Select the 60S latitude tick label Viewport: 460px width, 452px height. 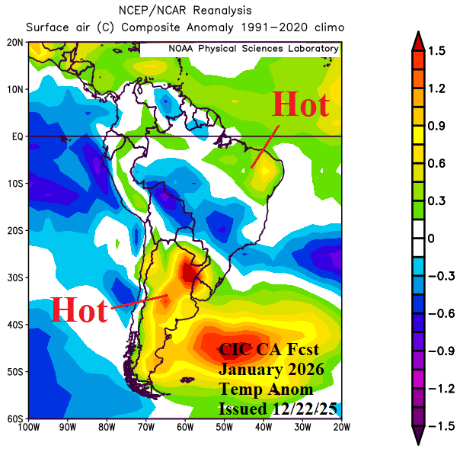coord(14,418)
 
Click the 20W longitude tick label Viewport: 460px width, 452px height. coord(340,428)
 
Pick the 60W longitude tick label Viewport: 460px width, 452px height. coord(184,428)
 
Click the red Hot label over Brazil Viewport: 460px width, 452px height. coord(300,104)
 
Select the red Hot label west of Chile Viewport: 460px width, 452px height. coord(79,309)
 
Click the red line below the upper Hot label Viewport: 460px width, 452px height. coord(265,146)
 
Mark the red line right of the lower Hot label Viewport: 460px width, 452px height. coord(139,302)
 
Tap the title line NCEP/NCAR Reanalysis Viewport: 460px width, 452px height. coord(185,10)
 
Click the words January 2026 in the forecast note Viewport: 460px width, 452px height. coord(272,369)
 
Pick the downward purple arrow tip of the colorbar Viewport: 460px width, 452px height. coord(418,441)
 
